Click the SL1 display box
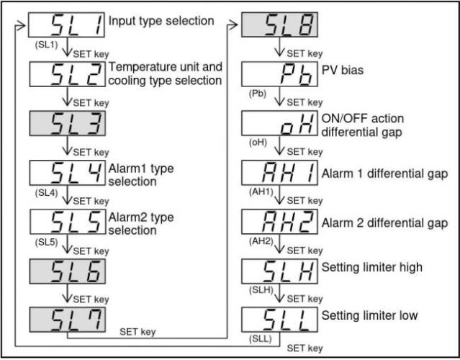pos(67,24)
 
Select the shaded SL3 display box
pos(68,123)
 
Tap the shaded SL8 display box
pos(279,24)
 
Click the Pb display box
pos(279,74)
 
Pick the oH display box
pos(279,123)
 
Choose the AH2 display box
pos(279,222)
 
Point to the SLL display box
pos(279,320)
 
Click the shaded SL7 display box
pos(68,320)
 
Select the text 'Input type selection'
pos(161,21)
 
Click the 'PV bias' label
pos(343,71)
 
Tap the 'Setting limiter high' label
pos(372,267)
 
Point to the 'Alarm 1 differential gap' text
pos(384,174)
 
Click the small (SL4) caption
pos(46,193)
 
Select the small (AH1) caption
pos(261,192)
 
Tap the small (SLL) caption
pos(260,338)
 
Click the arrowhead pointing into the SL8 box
pos(233,25)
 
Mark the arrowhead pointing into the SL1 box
pos(21,25)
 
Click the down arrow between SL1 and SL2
pos(67,47)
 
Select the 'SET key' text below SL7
pos(137,332)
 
